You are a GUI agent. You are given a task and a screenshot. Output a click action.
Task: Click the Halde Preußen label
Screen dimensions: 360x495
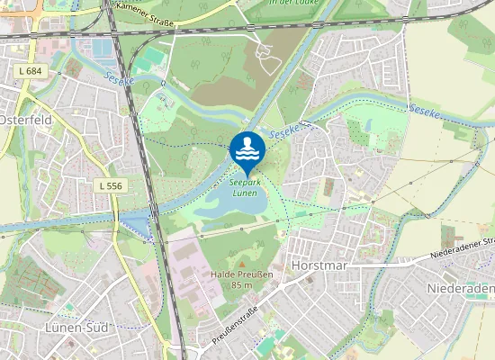pyautogui.click(x=241, y=273)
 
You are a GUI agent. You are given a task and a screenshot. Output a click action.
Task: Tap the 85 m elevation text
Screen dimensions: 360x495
pyautogui.click(x=241, y=284)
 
